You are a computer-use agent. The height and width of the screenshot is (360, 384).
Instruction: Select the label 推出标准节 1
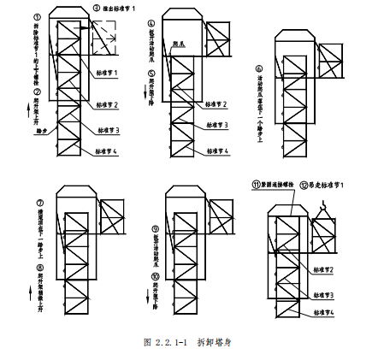coord(121,8)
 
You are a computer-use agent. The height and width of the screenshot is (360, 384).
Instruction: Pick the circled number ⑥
coord(259,68)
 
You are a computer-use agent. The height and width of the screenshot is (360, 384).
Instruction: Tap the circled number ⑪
coord(255,184)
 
